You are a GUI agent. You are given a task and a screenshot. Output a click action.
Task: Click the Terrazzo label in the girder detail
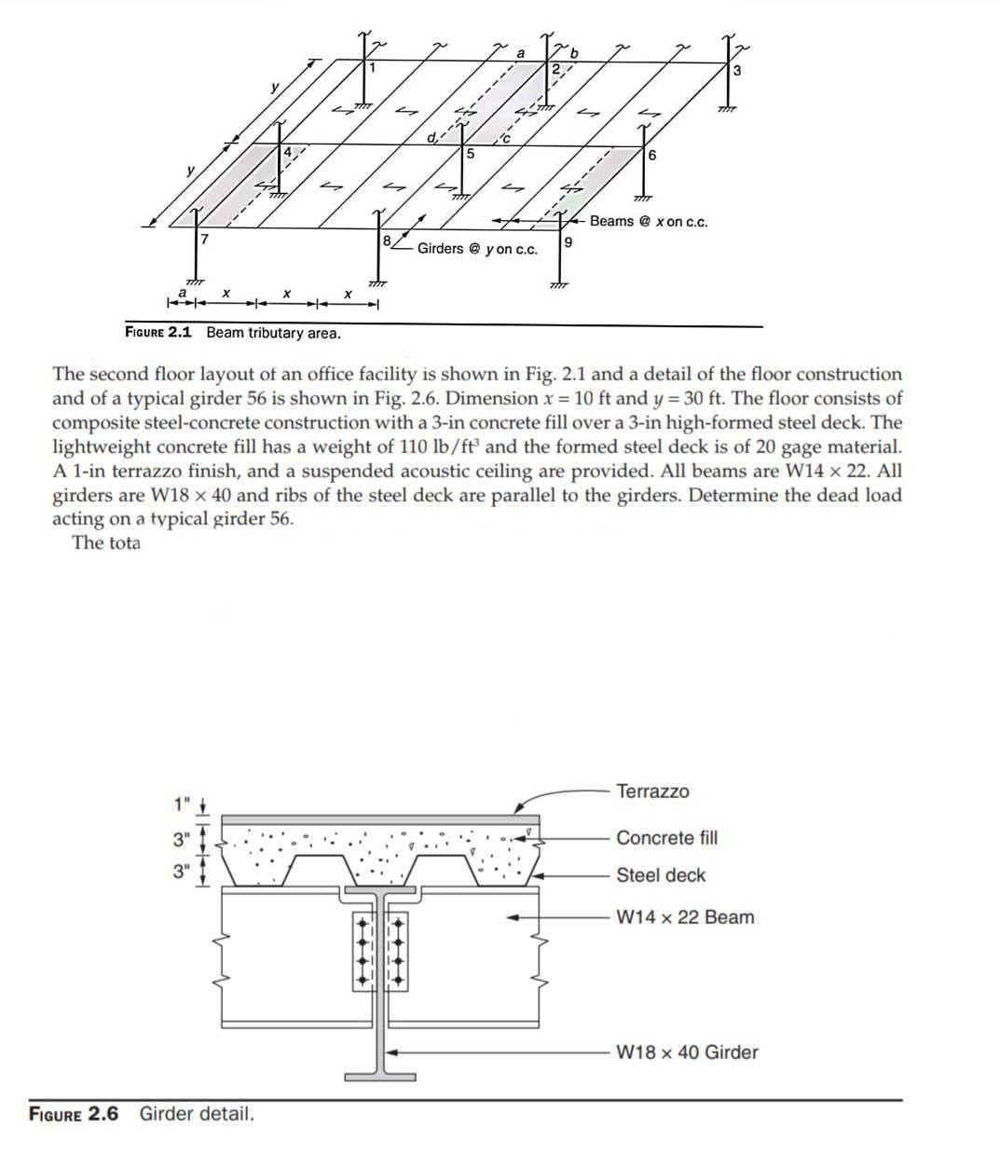652,791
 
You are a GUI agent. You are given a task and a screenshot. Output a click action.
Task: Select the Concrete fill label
666,837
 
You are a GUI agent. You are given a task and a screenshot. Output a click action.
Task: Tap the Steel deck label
661,875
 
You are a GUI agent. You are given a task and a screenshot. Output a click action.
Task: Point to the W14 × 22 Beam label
685,917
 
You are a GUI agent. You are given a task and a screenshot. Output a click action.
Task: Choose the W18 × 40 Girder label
687,1052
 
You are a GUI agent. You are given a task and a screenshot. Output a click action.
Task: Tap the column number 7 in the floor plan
203,240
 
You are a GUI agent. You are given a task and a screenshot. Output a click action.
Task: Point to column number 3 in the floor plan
736,71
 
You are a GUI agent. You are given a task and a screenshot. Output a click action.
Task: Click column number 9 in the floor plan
568,242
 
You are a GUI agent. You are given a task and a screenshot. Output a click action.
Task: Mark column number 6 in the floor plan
651,155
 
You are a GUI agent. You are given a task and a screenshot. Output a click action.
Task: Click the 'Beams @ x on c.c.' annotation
648,222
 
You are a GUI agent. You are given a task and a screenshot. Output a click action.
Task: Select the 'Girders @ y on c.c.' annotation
477,249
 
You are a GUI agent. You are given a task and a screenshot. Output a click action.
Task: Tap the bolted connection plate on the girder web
380,950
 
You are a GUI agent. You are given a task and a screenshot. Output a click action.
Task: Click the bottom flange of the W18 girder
380,1077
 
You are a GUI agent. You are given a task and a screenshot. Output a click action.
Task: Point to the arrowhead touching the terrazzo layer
523,809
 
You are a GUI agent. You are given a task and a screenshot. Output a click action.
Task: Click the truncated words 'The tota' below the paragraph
106,543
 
